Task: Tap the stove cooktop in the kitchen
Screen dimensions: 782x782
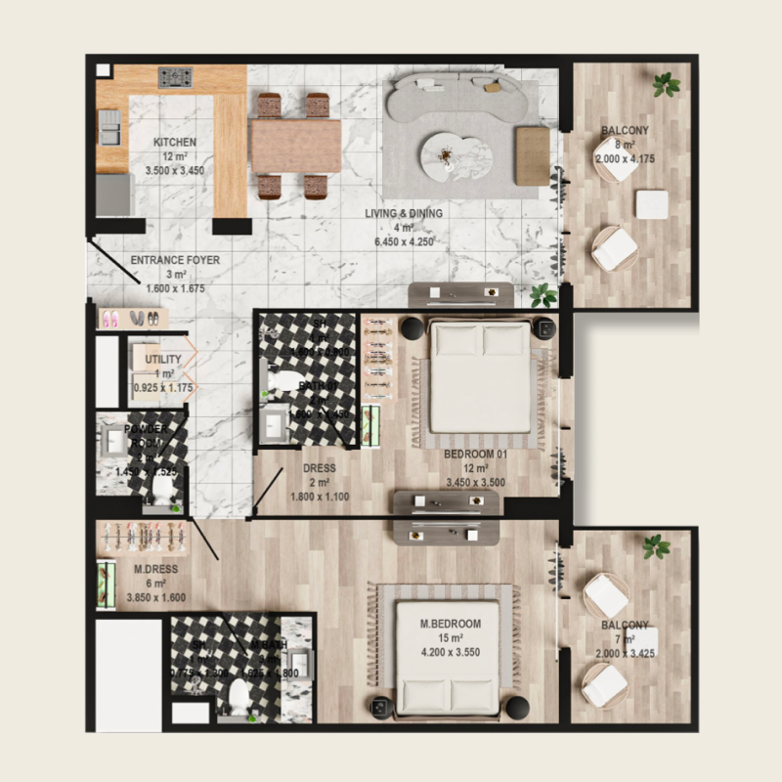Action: (175, 76)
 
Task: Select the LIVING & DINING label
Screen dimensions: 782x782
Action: (404, 213)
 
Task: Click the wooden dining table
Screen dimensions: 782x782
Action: (295, 146)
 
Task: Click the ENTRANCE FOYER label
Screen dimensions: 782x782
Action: (175, 260)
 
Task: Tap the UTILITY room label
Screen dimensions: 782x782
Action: (163, 360)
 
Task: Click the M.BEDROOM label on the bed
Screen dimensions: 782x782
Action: (451, 625)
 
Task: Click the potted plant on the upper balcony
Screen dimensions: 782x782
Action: (667, 84)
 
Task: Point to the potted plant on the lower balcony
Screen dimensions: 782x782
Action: (656, 546)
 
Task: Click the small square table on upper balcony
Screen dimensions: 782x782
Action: (651, 204)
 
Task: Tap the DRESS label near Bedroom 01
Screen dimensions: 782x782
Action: (320, 468)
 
